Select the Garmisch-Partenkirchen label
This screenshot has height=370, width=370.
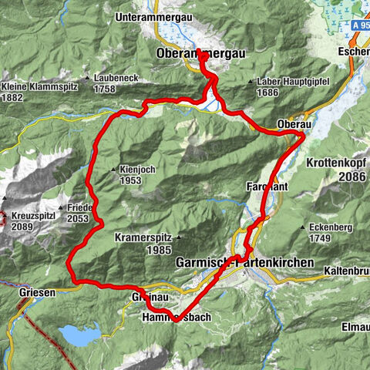tap(245, 262)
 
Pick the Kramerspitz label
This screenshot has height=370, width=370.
tap(143, 238)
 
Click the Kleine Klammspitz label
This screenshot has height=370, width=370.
tap(35, 86)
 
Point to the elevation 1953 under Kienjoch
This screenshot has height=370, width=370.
tap(133, 180)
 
